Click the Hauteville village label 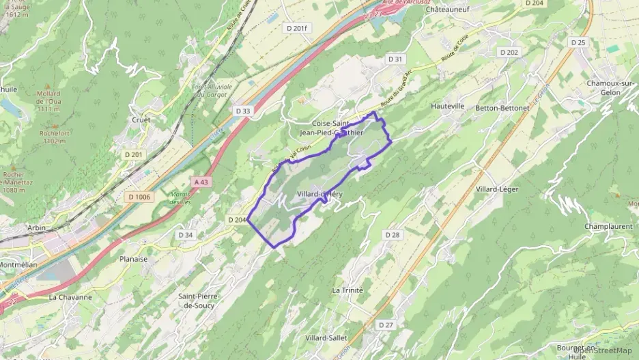pos(448,107)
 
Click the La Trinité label pos(347,290)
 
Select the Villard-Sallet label pos(326,337)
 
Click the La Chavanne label pos(70,297)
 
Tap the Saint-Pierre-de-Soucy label pos(197,301)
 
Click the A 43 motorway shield pos(201,182)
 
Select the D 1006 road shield pos(139,197)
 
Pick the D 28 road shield pos(392,234)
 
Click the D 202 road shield pos(509,52)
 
